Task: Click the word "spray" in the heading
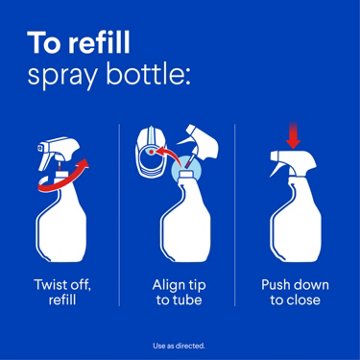pos(68,77)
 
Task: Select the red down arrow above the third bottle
pos(291,140)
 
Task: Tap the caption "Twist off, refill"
pos(65,291)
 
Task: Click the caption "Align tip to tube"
pos(178,291)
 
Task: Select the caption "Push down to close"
pos(291,291)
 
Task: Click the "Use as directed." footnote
pos(180,345)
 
